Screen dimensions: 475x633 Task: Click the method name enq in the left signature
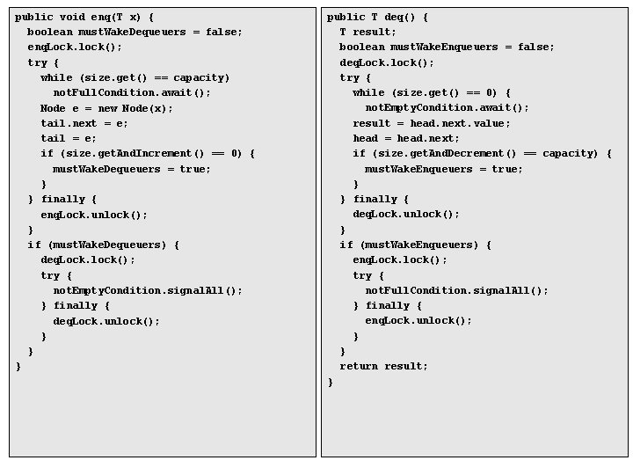pyautogui.click(x=99, y=17)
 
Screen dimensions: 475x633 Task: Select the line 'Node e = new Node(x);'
pyautogui.click(x=106, y=108)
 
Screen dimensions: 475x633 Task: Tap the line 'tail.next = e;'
pyautogui.click(x=84, y=123)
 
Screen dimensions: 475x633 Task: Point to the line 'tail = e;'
pyautogui.click(x=69, y=138)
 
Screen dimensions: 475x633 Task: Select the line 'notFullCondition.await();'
pyautogui.click(x=132, y=92)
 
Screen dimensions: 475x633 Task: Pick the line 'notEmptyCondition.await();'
pyautogui.click(x=447, y=107)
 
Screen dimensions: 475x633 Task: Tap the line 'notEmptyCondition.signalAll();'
pyautogui.click(x=148, y=290)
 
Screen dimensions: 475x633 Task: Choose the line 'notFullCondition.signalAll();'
pyautogui.click(x=456, y=290)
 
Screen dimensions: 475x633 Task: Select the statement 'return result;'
pyautogui.click(x=384, y=366)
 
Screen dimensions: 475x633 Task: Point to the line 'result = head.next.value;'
pyautogui.click(x=431, y=123)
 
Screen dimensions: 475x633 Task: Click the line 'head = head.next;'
pyautogui.click(x=406, y=138)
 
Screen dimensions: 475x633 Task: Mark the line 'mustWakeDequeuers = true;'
pyautogui.click(x=132, y=169)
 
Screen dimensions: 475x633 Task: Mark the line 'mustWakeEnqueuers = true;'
pyautogui.click(x=444, y=169)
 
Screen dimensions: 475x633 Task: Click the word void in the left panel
pyautogui.click(x=73, y=17)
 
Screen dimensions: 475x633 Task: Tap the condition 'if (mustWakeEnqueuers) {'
pyautogui.click(x=415, y=245)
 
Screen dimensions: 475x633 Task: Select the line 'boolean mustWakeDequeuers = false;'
pyautogui.click(x=135, y=32)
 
